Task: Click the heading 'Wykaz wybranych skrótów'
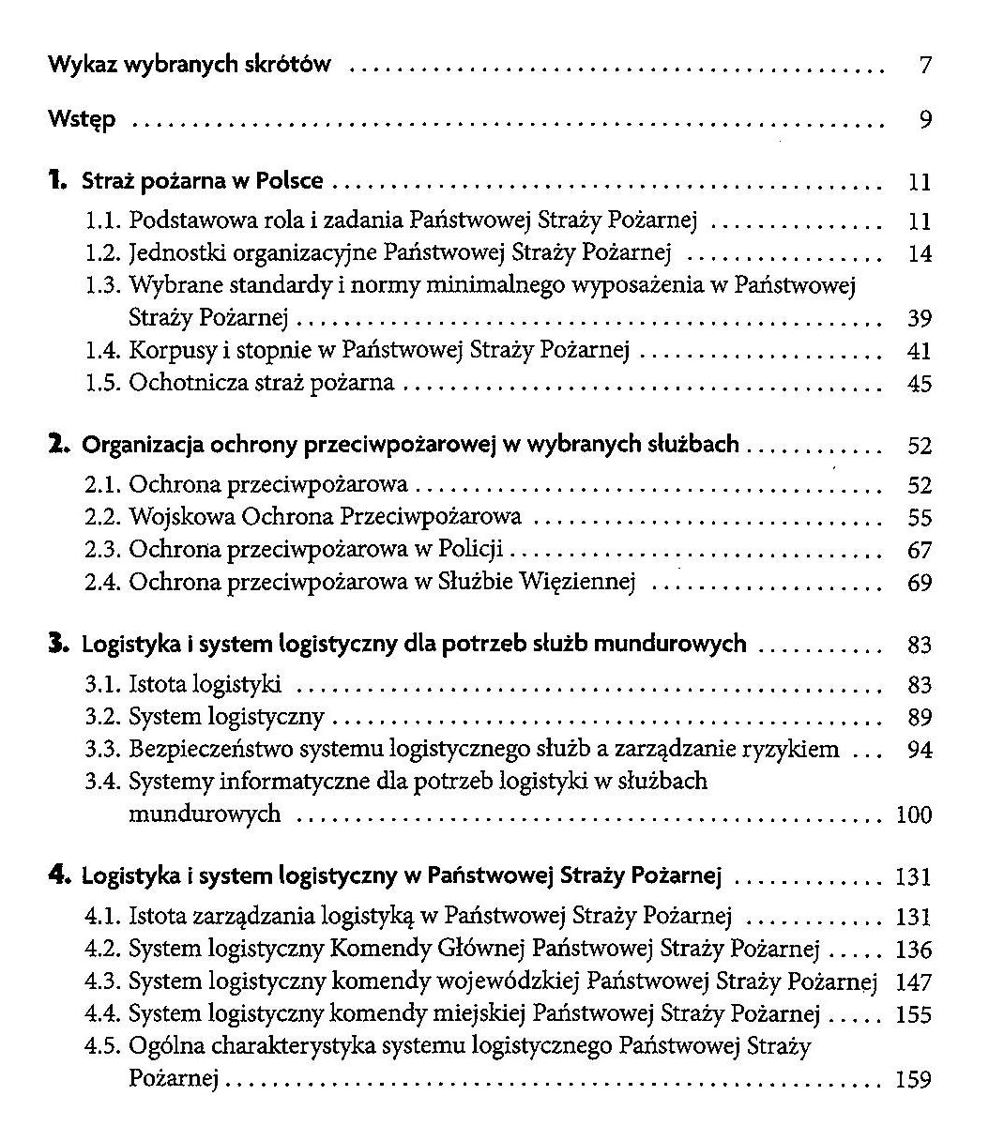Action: click(190, 66)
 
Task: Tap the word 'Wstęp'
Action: click(83, 120)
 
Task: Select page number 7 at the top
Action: click(925, 67)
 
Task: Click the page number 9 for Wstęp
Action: click(925, 121)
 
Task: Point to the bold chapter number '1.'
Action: click(59, 179)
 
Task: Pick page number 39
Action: click(920, 319)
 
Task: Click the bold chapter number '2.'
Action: click(60, 444)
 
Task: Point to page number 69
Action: click(920, 583)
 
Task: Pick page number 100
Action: click(914, 814)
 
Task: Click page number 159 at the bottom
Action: click(914, 1080)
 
